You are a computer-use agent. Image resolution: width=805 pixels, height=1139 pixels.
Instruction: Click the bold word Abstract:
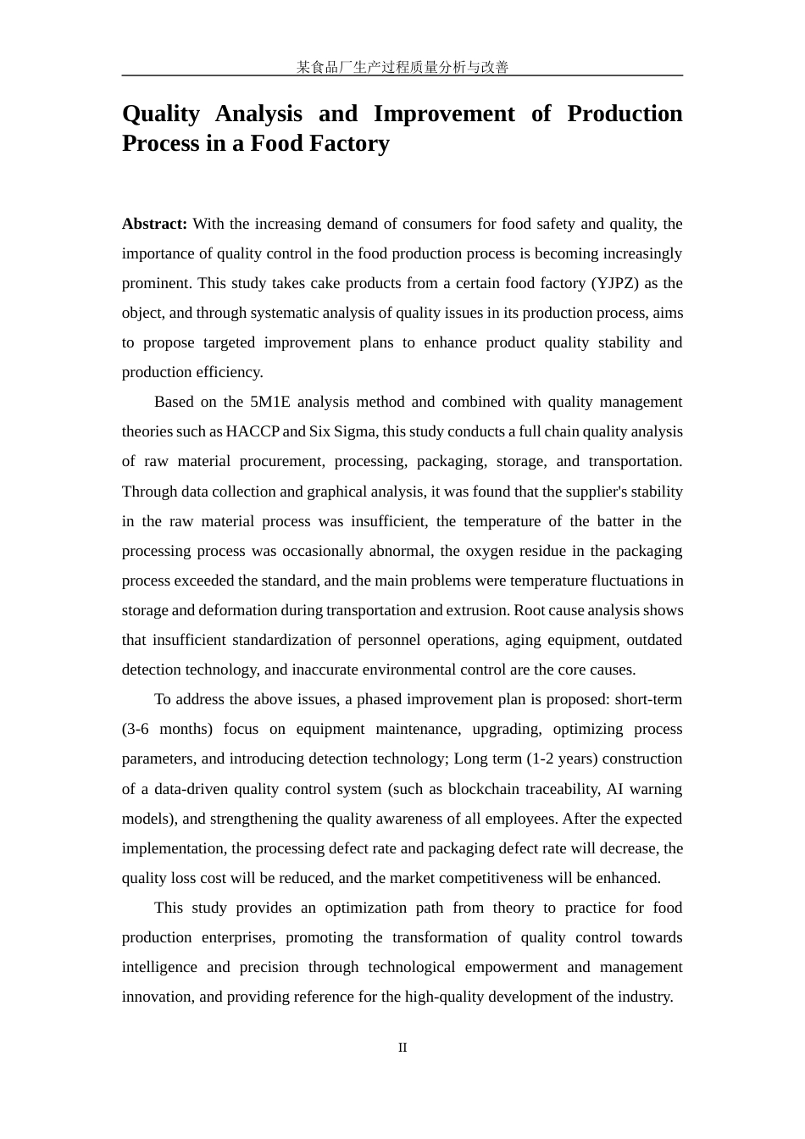click(154, 224)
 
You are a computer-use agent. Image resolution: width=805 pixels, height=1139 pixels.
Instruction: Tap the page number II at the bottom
click(402, 1047)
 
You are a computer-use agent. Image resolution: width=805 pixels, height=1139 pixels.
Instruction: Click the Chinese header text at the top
click(402, 67)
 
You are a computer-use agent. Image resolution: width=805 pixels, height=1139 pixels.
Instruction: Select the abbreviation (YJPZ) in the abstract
click(609, 283)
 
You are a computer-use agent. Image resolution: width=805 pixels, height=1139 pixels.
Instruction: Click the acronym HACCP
click(253, 431)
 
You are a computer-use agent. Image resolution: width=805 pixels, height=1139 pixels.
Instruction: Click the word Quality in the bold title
click(161, 114)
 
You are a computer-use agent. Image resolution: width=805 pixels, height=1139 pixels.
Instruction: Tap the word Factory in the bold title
click(349, 143)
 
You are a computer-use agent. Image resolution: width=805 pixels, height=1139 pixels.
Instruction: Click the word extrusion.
click(479, 610)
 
